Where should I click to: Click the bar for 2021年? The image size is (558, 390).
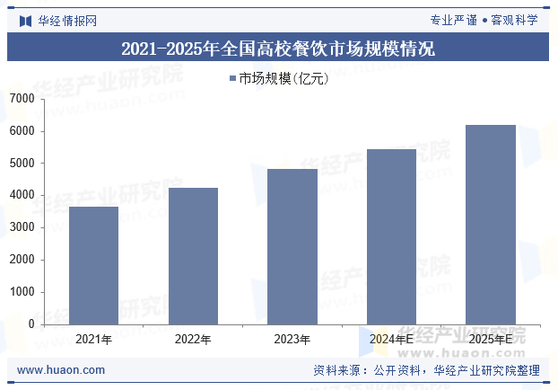pyautogui.click(x=93, y=265)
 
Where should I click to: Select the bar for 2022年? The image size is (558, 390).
pyautogui.click(x=193, y=256)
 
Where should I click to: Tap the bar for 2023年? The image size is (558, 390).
pyautogui.click(x=292, y=246)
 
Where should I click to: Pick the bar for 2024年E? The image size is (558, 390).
pyautogui.click(x=392, y=236)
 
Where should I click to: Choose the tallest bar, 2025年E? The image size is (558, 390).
pyautogui.click(x=491, y=225)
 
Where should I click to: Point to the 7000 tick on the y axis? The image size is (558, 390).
pyautogui.click(x=22, y=99)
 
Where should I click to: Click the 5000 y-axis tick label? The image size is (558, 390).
pyautogui.click(x=22, y=164)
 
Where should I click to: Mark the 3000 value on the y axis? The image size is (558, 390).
pyautogui.click(x=22, y=227)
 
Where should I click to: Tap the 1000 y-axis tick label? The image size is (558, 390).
pyautogui.click(x=22, y=292)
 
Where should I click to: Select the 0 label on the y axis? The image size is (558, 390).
pyautogui.click(x=31, y=324)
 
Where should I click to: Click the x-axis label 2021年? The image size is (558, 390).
pyautogui.click(x=93, y=340)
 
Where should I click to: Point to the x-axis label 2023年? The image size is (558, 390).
pyautogui.click(x=292, y=340)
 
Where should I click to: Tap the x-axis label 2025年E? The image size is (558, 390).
pyautogui.click(x=491, y=340)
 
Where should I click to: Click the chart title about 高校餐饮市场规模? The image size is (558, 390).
pyautogui.click(x=278, y=49)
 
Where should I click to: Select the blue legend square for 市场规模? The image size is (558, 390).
pyautogui.click(x=231, y=78)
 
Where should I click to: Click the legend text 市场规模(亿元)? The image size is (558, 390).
pyautogui.click(x=283, y=78)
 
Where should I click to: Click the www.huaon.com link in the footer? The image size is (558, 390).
pyautogui.click(x=61, y=370)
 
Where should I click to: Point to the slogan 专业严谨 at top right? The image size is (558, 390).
pyautogui.click(x=454, y=21)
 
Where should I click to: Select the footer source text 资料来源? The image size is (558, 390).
pyautogui.click(x=336, y=370)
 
